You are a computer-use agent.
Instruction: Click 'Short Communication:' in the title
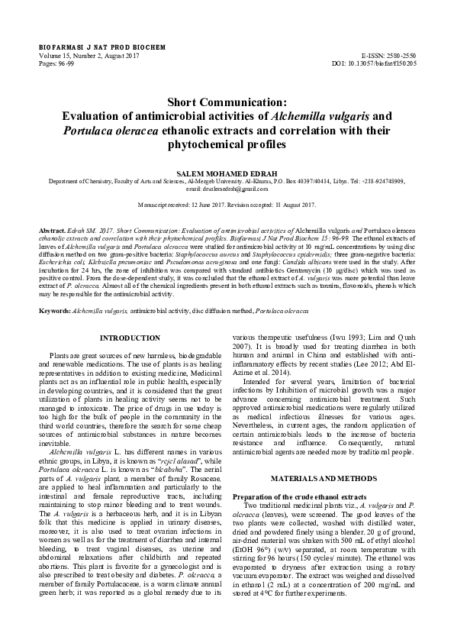point(227,102)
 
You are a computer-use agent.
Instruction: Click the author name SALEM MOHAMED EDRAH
point(227,173)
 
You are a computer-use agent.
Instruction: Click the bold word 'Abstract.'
point(52,230)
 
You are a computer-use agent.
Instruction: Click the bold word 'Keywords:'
point(55,312)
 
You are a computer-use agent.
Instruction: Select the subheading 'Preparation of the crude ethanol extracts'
point(295,497)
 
